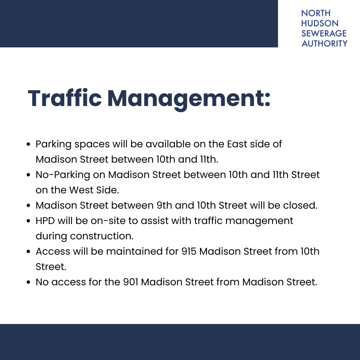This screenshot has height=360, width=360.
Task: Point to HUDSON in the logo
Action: click(320, 23)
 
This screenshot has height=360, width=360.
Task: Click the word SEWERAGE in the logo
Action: click(324, 33)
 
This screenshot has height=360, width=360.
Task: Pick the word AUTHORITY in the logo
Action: click(324, 43)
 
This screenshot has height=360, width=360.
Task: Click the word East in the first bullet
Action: click(237, 144)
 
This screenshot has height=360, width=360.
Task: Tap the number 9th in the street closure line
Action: click(164, 205)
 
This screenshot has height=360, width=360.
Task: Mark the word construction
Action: click(102, 236)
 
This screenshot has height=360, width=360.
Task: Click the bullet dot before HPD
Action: click(29, 221)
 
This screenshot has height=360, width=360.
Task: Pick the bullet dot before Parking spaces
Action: click(29, 145)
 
